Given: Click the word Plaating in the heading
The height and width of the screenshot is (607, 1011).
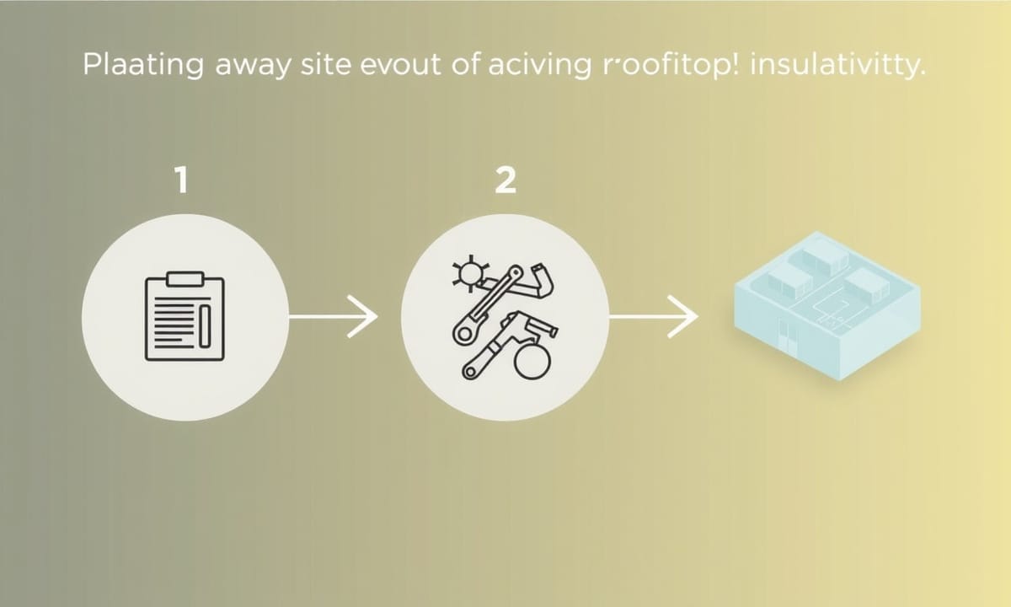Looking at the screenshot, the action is [143, 66].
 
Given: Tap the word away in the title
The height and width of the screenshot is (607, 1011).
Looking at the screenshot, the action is [254, 67].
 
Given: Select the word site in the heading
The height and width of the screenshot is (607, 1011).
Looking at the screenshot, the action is [326, 65].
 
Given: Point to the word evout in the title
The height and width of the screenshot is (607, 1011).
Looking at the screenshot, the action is [401, 66].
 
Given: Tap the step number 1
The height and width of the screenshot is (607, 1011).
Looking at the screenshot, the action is [182, 180].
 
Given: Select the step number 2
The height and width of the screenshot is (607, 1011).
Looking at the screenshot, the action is [505, 180].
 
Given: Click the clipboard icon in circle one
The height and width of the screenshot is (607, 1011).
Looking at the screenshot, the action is [185, 316].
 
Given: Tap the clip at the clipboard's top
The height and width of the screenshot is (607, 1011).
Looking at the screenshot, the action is [185, 279].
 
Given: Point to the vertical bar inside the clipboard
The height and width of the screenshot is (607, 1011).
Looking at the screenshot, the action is [205, 326].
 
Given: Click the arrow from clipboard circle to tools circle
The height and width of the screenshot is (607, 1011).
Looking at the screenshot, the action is [333, 317].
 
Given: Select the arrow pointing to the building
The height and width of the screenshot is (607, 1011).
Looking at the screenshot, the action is [654, 317].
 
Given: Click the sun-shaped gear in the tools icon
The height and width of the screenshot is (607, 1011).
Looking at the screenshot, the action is [471, 273].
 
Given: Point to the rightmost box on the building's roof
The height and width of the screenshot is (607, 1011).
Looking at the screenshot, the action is [867, 285].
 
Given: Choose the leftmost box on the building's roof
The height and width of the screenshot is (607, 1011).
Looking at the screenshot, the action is [790, 282].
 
